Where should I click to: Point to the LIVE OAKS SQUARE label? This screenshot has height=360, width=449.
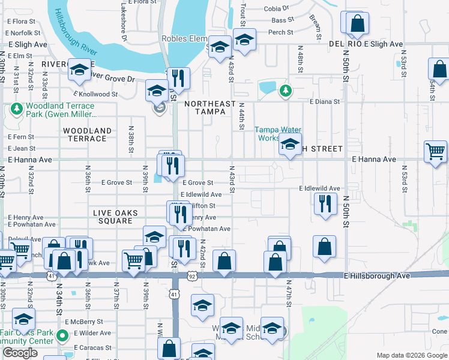[x=115, y=217]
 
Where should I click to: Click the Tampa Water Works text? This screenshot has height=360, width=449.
[x=277, y=134]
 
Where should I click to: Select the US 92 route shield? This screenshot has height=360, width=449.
[x=191, y=276]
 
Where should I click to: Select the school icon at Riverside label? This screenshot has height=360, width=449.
[x=79, y=70]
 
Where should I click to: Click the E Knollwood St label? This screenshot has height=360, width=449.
[x=95, y=94]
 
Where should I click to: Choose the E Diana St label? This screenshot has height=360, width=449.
[x=325, y=102]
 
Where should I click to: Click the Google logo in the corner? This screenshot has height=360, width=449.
[x=20, y=353]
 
